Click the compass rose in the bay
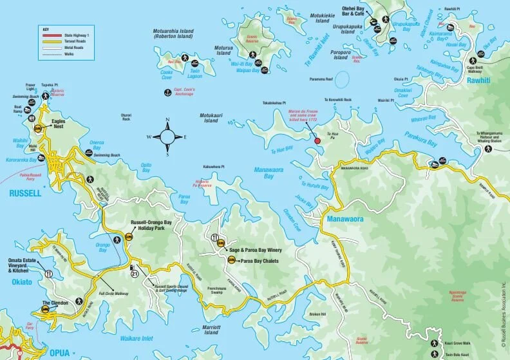click(167, 137)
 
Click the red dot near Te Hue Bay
click(316, 140)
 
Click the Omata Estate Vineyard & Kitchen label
click(24, 265)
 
